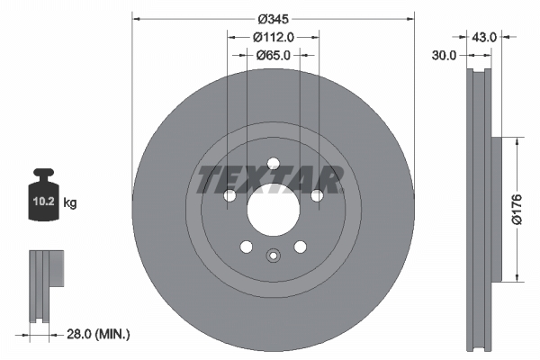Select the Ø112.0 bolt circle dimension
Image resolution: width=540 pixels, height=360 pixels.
click(273, 38)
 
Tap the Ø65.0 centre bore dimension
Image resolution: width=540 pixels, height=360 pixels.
click(273, 55)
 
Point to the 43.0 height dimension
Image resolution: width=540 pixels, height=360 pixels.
click(484, 38)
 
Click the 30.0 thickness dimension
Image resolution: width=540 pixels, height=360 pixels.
click(445, 55)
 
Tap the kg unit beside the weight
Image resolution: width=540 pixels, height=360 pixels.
click(70, 203)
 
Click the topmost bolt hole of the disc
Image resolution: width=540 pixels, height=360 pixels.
click(273, 163)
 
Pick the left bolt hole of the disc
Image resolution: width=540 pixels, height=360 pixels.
click(229, 195)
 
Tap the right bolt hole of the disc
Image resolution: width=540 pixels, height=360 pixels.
click(317, 195)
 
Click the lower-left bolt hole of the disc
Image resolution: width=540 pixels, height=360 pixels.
click(246, 247)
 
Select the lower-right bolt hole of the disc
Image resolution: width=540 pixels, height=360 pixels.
click(300, 247)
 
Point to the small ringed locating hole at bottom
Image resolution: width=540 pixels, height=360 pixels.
click(273, 255)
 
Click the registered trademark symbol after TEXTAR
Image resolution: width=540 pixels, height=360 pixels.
click(343, 169)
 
